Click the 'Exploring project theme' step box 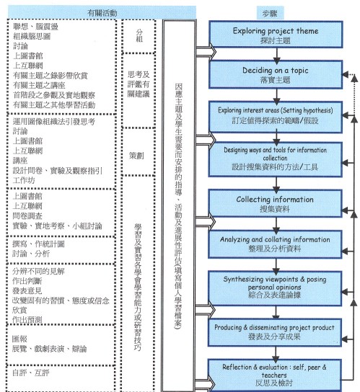pyautogui.click(x=276, y=35)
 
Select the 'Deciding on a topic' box pyautogui.click(x=276, y=74)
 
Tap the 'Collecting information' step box pyautogui.click(x=275, y=203)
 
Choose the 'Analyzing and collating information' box pyautogui.click(x=275, y=244)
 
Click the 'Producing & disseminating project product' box pyautogui.click(x=275, y=332)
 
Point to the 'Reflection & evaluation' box pyautogui.click(x=275, y=375)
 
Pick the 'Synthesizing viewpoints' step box pyautogui.click(x=275, y=288)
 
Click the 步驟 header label pyautogui.click(x=270, y=13)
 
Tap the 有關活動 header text pyautogui.click(x=102, y=13)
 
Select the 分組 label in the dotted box pyautogui.click(x=139, y=35)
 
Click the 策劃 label pyautogui.click(x=136, y=156)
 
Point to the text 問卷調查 pyautogui.click(x=27, y=215)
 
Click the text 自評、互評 pyautogui.click(x=31, y=373)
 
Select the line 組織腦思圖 pyautogui.click(x=32, y=36)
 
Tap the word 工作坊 pyautogui.click(x=24, y=180)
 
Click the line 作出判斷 pyautogui.click(x=27, y=281)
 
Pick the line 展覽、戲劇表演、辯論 pyautogui.click(x=50, y=349)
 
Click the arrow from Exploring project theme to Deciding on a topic pyautogui.click(x=276, y=55)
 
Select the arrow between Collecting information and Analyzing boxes pyautogui.click(x=276, y=225)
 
